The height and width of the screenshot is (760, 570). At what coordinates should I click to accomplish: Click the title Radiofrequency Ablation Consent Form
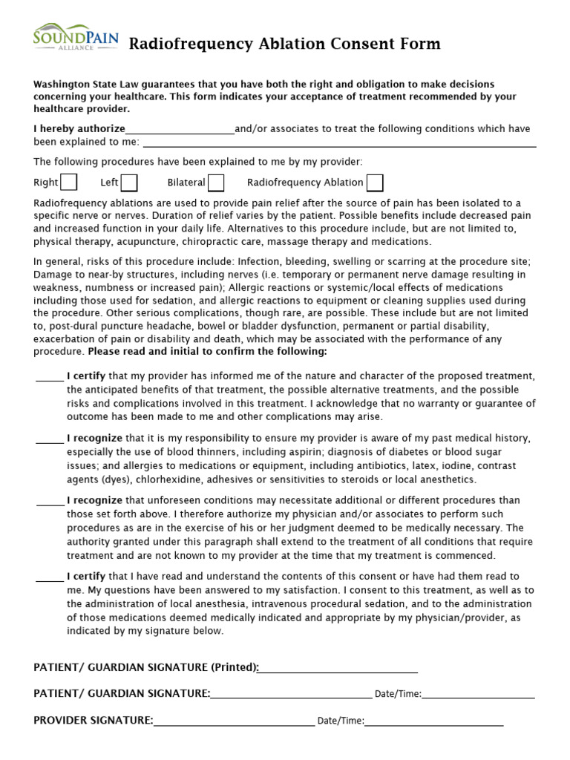click(x=285, y=45)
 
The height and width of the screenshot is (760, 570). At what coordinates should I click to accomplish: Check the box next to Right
click(x=69, y=182)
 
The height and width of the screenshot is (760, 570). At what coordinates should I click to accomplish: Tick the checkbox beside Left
click(x=129, y=182)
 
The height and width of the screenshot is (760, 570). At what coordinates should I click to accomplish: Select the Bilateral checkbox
click(x=216, y=182)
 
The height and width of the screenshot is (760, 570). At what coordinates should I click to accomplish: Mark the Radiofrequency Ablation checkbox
click(x=375, y=182)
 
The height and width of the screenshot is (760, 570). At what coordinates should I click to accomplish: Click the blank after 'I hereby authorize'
click(x=180, y=131)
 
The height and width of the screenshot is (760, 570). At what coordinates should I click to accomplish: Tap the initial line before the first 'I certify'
click(x=50, y=378)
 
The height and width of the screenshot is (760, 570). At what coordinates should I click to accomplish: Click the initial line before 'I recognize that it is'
click(x=50, y=440)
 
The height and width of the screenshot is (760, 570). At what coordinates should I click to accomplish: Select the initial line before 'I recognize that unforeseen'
click(x=50, y=502)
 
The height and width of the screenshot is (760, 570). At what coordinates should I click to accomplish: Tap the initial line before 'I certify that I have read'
click(x=50, y=578)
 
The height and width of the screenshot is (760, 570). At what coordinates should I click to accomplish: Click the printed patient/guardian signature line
click(x=338, y=669)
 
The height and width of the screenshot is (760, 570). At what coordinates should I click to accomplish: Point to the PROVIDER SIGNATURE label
click(x=94, y=720)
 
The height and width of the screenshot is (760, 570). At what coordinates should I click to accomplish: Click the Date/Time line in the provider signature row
click(x=433, y=721)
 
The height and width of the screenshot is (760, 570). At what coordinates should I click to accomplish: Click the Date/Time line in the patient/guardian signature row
click(x=478, y=695)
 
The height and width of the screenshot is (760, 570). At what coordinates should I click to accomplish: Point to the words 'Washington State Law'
click(x=81, y=85)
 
